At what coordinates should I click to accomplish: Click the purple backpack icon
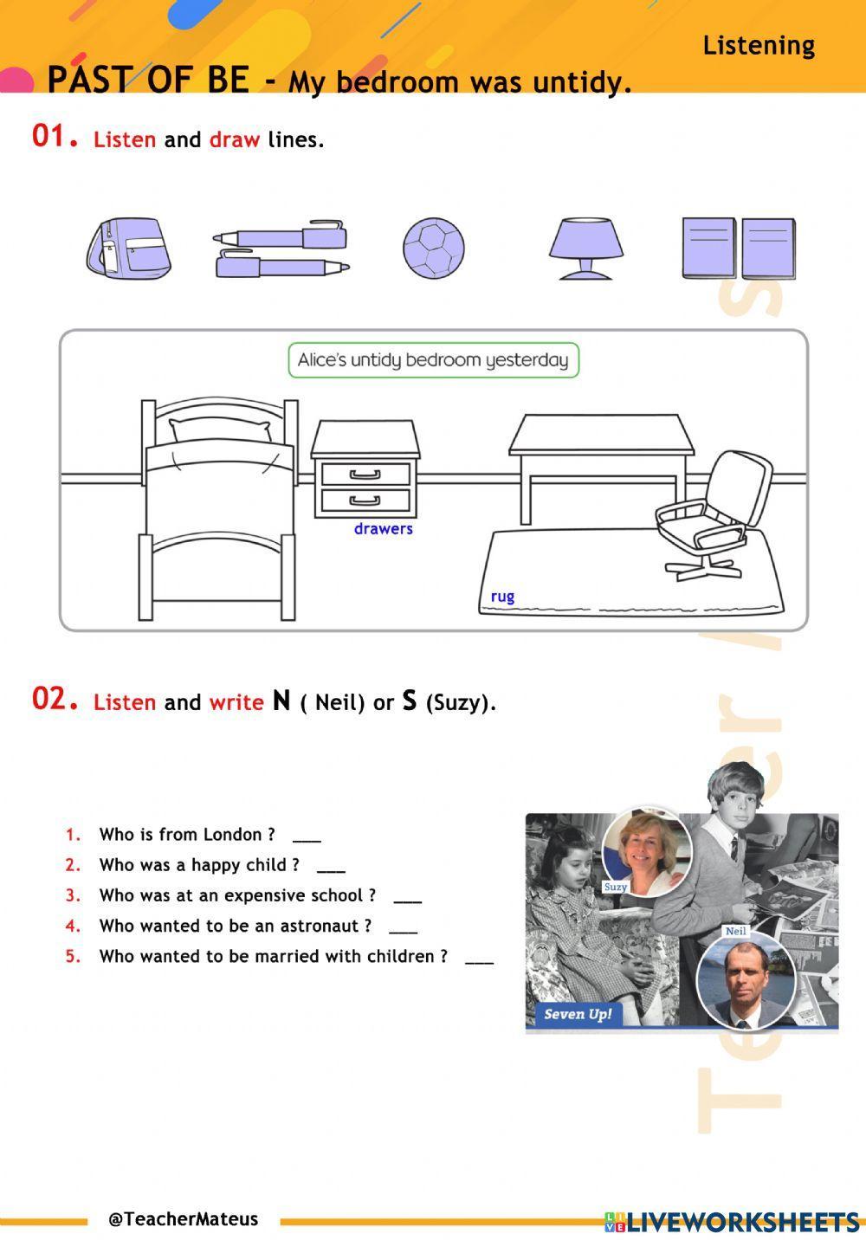(x=128, y=248)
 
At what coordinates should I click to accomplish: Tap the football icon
(x=433, y=248)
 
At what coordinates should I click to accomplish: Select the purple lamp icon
(x=585, y=248)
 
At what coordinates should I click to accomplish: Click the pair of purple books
(x=738, y=248)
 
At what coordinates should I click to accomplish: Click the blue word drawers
(x=383, y=529)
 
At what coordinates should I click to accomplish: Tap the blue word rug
(x=502, y=597)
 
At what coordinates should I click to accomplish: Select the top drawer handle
(x=365, y=474)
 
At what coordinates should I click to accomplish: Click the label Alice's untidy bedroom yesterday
(x=433, y=360)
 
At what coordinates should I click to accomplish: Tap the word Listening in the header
(x=759, y=45)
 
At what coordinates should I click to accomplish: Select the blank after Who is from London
(x=307, y=836)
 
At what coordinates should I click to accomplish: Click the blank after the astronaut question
(x=403, y=928)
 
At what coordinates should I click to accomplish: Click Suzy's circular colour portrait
(x=646, y=854)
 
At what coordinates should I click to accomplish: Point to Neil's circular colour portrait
(x=746, y=978)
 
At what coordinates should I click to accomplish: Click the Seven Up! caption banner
(x=578, y=1014)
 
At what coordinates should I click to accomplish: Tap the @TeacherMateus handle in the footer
(x=183, y=1219)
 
